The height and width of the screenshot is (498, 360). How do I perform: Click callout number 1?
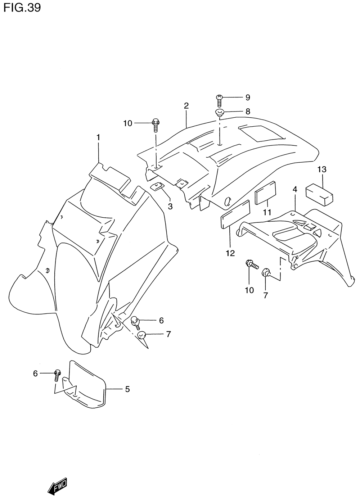pos(98,137)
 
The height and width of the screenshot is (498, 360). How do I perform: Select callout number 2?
pos(186,106)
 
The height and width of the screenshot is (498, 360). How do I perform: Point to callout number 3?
pos(170,207)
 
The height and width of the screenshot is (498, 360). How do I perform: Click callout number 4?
pos(295,189)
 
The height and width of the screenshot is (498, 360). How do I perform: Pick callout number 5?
pos(127,389)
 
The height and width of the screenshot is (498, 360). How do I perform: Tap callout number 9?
pos(248,97)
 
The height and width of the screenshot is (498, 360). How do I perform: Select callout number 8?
pos(248,112)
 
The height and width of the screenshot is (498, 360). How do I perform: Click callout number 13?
pos(322,169)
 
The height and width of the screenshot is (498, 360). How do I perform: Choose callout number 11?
pos(267,212)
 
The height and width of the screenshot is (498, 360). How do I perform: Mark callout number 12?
pos(230,253)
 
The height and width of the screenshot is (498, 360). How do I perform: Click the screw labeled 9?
pos(219,100)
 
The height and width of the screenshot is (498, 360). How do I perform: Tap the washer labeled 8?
pos(219,113)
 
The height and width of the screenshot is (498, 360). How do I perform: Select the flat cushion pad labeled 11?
pos(266,193)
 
